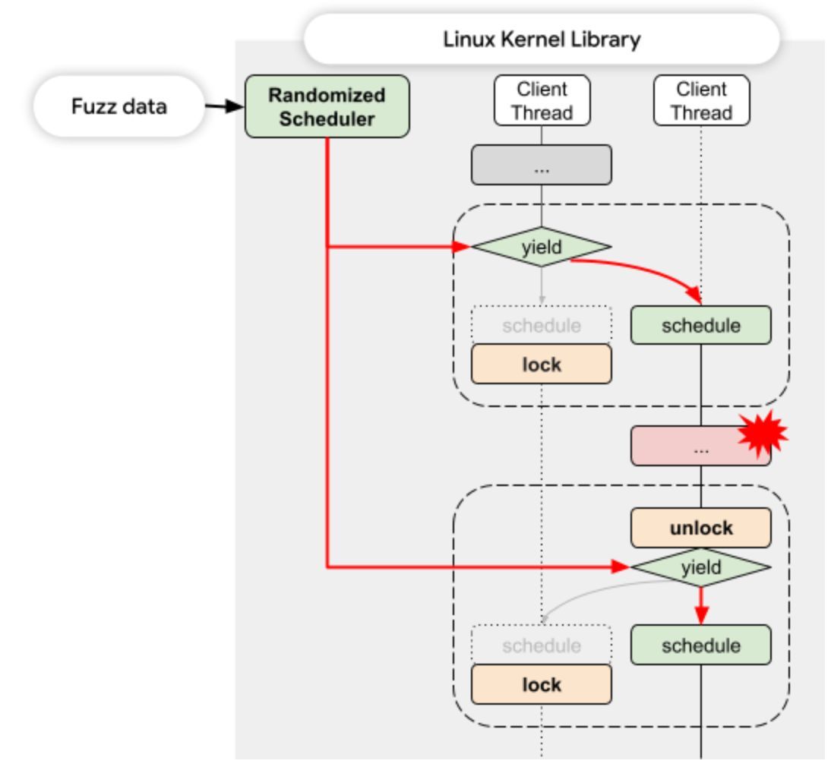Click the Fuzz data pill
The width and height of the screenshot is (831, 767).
(118, 106)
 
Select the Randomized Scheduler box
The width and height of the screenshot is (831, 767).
(327, 106)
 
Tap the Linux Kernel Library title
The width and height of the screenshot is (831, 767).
(542, 39)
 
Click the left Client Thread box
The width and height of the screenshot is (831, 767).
(542, 101)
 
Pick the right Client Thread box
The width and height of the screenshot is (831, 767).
(702, 101)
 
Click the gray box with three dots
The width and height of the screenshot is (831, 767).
(542, 165)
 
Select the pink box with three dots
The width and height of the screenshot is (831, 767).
(700, 446)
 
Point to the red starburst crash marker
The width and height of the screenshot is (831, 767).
(763, 434)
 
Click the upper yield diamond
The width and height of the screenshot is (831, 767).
(542, 247)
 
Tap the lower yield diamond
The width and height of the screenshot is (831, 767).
(701, 567)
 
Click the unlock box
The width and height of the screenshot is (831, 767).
(701, 528)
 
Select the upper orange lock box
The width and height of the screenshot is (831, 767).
(542, 364)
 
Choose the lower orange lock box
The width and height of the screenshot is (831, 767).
(542, 684)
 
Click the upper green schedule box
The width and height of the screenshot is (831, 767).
(701, 325)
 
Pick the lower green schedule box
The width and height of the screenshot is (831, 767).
(701, 645)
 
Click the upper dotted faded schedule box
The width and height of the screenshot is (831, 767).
(542, 325)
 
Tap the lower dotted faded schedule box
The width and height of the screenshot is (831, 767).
(542, 645)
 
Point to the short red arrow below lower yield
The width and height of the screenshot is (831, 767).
(701, 605)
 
